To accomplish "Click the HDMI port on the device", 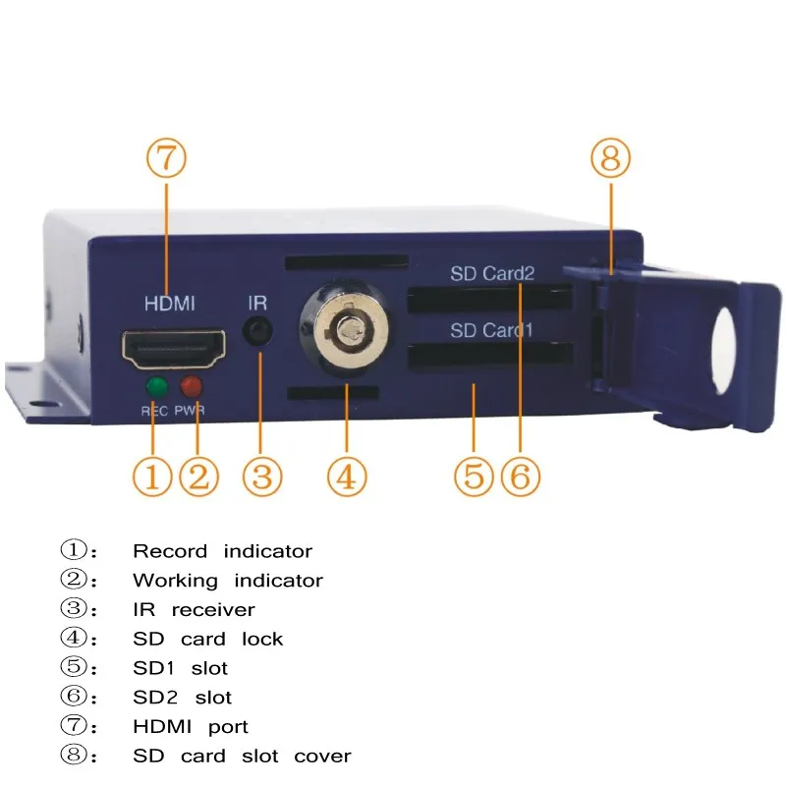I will click(x=172, y=348).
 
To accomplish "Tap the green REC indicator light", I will click(x=154, y=387).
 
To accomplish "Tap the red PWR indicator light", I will click(x=192, y=387).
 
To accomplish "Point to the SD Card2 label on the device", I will click(x=492, y=273).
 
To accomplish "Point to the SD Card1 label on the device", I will click(x=491, y=330).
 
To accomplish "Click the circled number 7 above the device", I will click(x=166, y=157).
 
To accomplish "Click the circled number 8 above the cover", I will click(x=610, y=158).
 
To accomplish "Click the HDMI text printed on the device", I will click(x=170, y=304).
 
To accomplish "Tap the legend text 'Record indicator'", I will click(x=222, y=552).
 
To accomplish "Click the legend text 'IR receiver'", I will click(x=194, y=610).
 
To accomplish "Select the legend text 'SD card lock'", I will click(x=207, y=640).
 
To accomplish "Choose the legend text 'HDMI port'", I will click(x=191, y=727).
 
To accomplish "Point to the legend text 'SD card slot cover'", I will click(x=242, y=757).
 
